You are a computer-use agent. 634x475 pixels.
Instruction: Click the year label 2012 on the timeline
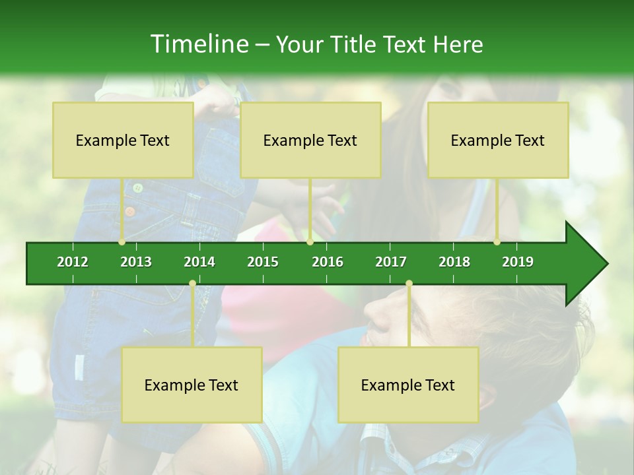73,262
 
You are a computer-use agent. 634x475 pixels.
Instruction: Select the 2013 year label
136,262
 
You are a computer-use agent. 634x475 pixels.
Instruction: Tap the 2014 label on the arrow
199,262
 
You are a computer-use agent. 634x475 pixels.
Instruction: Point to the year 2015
263,262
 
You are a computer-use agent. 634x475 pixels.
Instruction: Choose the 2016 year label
328,262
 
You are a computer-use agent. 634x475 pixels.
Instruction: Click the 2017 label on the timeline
391,262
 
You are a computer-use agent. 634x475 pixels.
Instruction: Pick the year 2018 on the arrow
454,262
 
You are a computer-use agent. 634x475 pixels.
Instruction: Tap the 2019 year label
518,262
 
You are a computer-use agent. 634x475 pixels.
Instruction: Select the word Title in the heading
355,44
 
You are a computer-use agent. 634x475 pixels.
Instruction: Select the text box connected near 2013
123,140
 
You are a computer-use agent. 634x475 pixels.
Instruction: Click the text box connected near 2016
310,140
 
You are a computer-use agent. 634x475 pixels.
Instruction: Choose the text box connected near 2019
498,140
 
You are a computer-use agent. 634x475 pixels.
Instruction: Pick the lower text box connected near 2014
192,385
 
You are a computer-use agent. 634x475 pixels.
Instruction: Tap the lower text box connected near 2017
408,385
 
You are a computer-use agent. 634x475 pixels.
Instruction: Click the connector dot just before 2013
122,242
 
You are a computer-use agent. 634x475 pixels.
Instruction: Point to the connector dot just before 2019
497,242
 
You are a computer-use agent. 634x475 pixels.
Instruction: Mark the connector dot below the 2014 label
192,284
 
